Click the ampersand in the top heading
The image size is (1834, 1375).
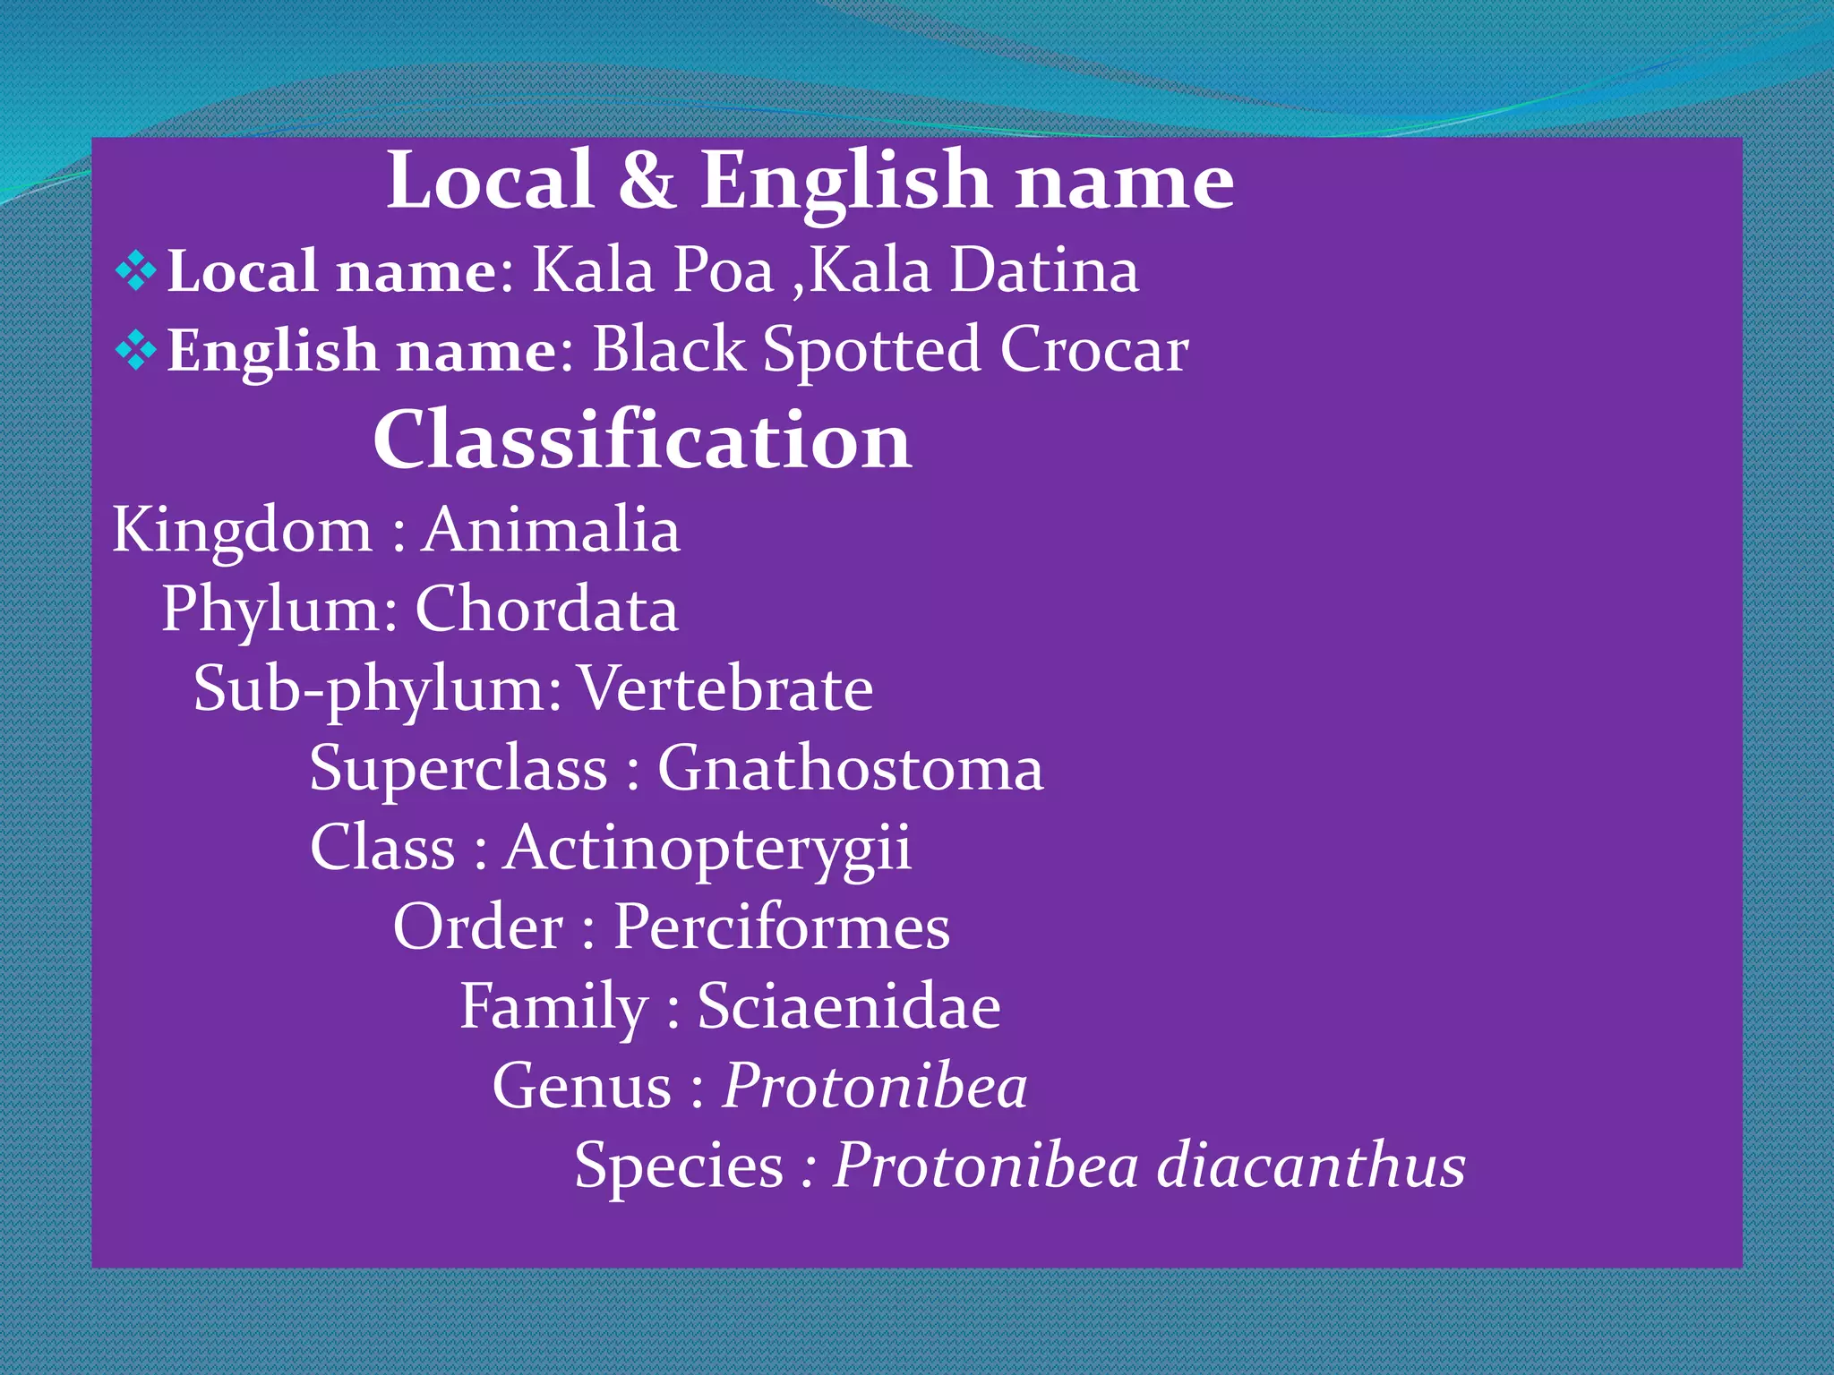(x=646, y=181)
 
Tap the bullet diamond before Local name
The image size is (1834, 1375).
(x=136, y=270)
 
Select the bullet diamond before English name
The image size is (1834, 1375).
(x=136, y=350)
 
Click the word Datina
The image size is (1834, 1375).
(x=1044, y=270)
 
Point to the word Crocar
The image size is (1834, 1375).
(x=1094, y=350)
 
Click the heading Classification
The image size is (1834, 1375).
(x=642, y=440)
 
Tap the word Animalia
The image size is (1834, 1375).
(x=551, y=530)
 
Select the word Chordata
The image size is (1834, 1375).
(x=546, y=610)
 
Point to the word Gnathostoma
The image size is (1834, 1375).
(x=851, y=769)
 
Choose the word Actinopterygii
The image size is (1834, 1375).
(x=707, y=848)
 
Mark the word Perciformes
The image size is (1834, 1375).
(x=781, y=927)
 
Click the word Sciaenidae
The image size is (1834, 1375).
(x=849, y=1007)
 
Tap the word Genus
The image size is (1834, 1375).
(x=582, y=1087)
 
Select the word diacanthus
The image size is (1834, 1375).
(x=1311, y=1166)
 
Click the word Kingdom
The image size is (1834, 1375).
(x=242, y=530)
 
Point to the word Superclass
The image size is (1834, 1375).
(x=458, y=769)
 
